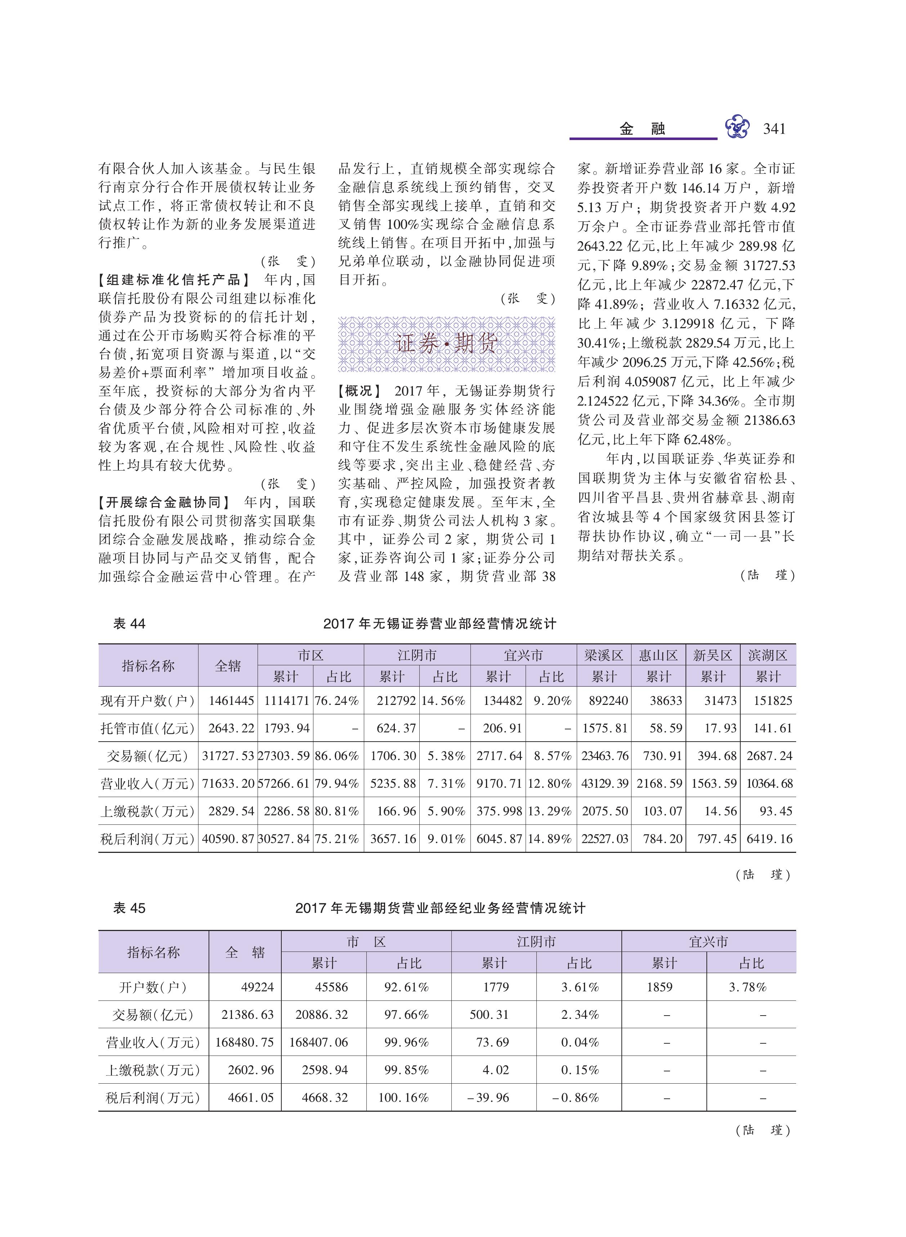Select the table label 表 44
tap(129, 623)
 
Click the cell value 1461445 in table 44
tap(231, 701)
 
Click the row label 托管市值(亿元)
tap(148, 728)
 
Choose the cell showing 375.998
tap(499, 811)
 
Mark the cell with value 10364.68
tap(769, 784)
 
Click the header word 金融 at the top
tap(642, 129)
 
